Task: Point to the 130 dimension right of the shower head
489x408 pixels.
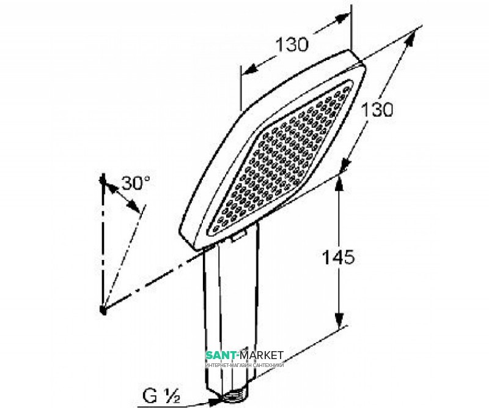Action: [x=374, y=110]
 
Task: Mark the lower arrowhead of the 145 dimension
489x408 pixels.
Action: [x=337, y=325]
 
